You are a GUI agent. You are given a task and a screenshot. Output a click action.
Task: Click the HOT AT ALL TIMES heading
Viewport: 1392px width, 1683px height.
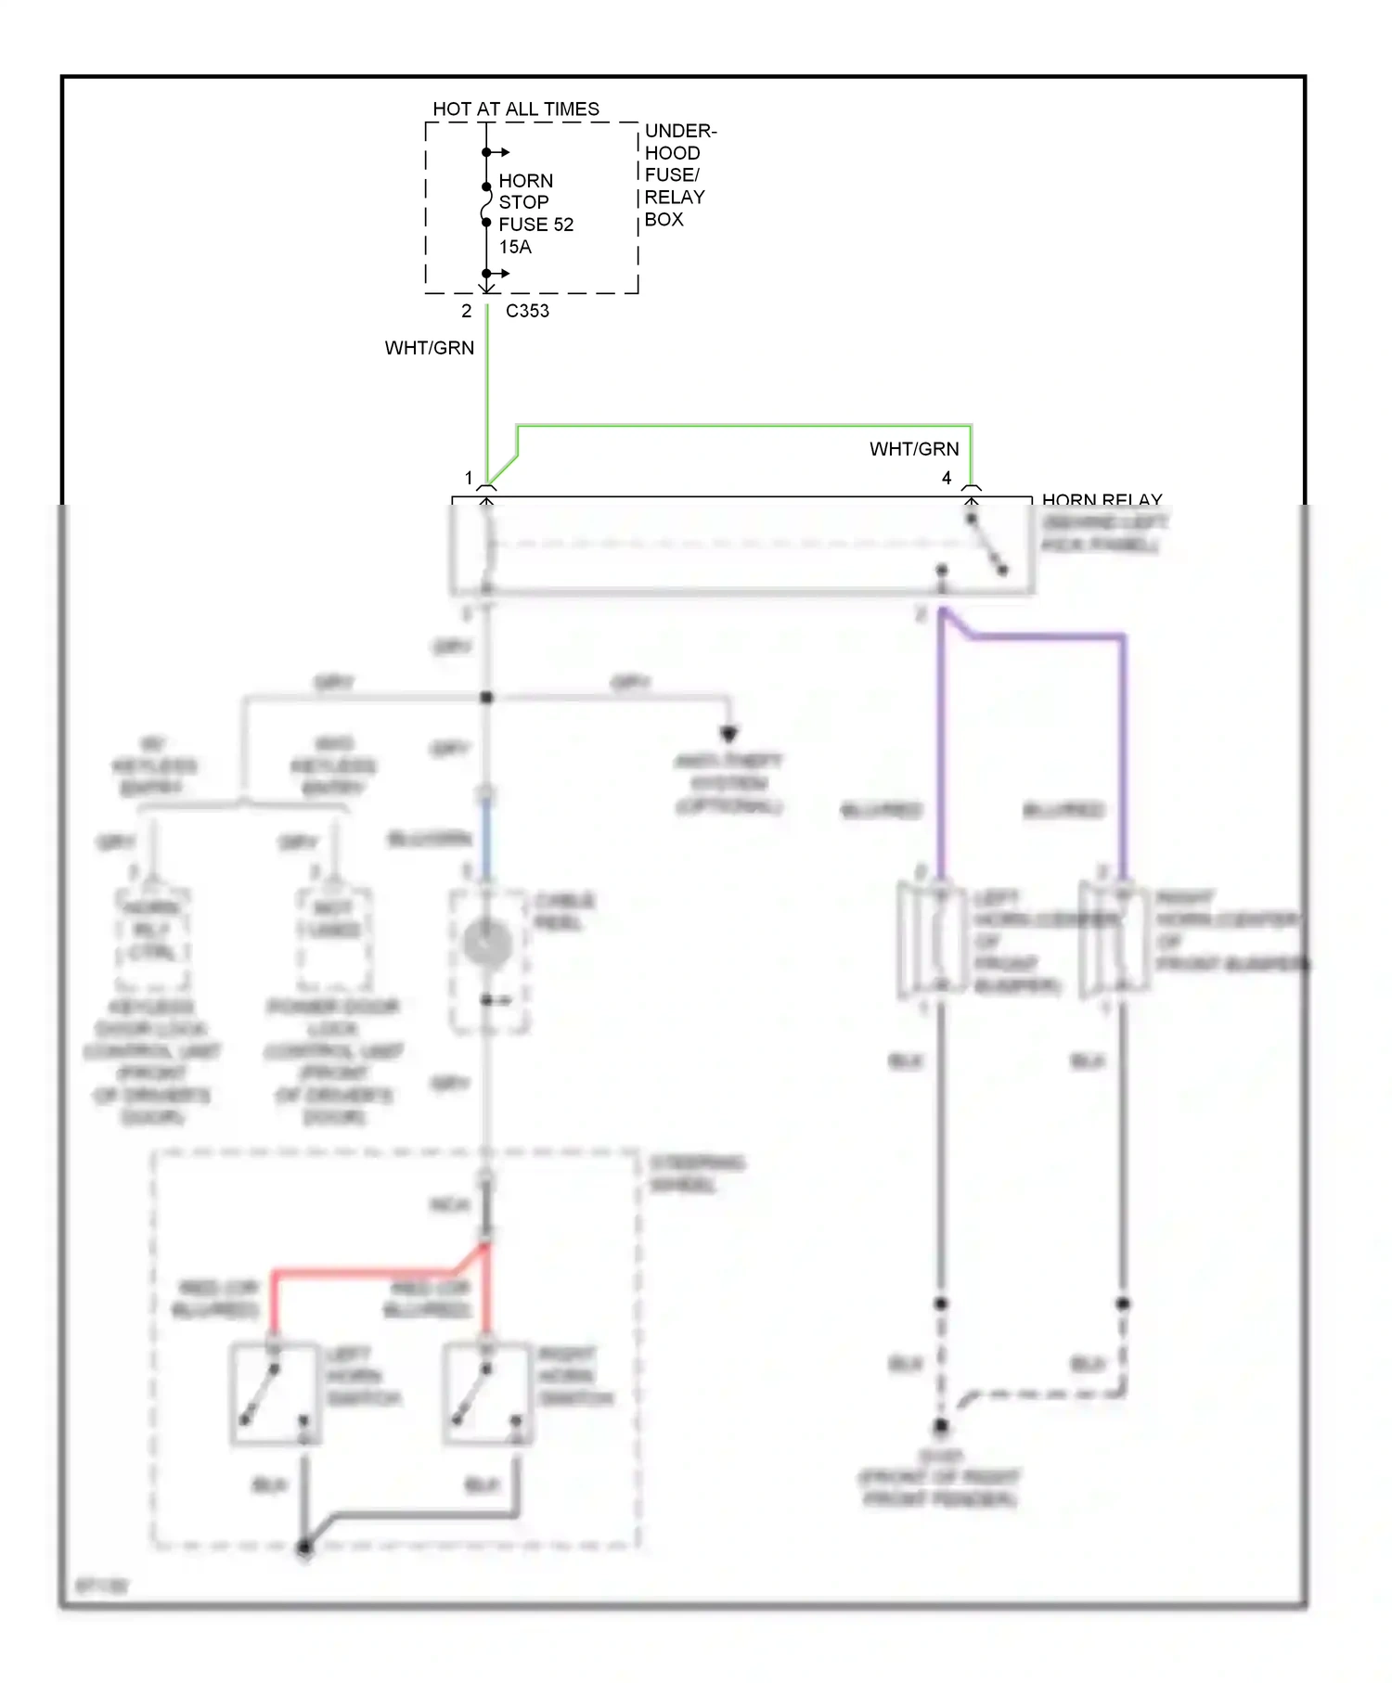pyautogui.click(x=516, y=109)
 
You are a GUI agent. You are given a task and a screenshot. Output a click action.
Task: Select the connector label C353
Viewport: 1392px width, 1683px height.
pyautogui.click(x=527, y=311)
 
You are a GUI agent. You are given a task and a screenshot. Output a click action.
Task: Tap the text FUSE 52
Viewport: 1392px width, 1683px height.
pyautogui.click(x=535, y=225)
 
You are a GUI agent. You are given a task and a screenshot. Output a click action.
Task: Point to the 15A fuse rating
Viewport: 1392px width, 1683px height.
pyautogui.click(x=515, y=247)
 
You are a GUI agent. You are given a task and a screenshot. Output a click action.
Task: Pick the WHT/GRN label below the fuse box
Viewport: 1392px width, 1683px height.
pyautogui.click(x=429, y=348)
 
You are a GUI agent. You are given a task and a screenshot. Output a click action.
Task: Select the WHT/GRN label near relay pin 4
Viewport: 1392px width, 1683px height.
pyautogui.click(x=913, y=449)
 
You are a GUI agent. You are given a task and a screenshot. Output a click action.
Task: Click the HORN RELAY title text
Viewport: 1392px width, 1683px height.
pyautogui.click(x=1102, y=500)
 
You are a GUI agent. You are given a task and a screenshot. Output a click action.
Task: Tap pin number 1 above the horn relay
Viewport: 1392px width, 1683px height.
pyautogui.click(x=469, y=478)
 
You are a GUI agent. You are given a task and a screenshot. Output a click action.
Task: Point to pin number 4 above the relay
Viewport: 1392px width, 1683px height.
pyautogui.click(x=947, y=478)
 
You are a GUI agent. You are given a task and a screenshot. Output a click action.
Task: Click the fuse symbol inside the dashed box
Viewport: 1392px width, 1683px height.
pyautogui.click(x=486, y=204)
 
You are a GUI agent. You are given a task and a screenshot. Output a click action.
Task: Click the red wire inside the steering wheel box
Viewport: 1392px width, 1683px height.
pyautogui.click(x=371, y=1272)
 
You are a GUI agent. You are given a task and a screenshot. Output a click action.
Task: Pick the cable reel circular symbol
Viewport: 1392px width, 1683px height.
pyautogui.click(x=487, y=944)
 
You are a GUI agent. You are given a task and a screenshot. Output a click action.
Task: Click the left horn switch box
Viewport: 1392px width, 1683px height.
pyautogui.click(x=275, y=1393)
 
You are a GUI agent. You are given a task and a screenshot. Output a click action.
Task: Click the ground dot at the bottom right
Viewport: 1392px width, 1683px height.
pyautogui.click(x=941, y=1426)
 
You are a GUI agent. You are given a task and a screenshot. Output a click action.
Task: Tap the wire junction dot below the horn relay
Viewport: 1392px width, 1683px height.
pyautogui.click(x=486, y=698)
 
